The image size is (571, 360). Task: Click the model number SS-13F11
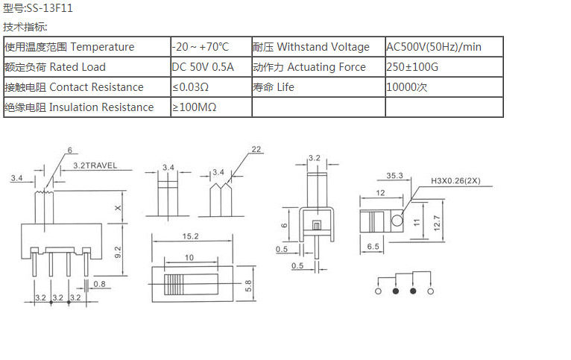49,9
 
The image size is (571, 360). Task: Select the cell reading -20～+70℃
201,47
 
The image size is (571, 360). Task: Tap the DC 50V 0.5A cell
203,67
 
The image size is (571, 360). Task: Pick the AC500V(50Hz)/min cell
434,47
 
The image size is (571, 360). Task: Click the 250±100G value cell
413,67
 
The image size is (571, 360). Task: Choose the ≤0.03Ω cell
190,87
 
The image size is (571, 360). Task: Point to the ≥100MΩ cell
194,107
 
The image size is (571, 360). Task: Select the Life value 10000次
406,87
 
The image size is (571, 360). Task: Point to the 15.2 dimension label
189,237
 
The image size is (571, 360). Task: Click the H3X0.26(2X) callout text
457,180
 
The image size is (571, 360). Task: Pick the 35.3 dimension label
394,176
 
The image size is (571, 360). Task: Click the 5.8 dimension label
247,283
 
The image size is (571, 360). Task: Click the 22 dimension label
256,150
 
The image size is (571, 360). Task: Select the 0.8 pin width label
100,283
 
